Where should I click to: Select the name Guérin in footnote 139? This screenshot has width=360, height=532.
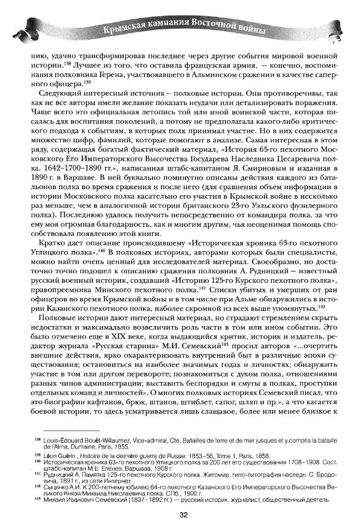point(72,456)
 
